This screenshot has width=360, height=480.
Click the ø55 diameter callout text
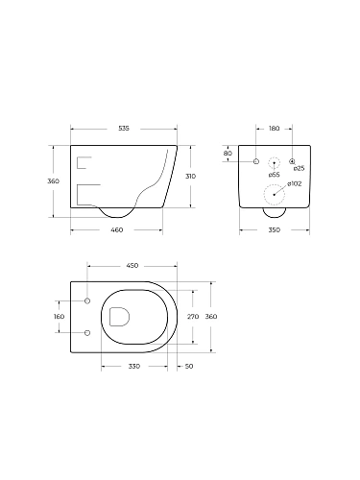275,176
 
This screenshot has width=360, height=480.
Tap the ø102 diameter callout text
295,184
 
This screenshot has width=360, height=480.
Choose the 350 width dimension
274,231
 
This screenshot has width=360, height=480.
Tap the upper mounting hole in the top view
86,301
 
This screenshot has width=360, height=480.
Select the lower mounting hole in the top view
86,332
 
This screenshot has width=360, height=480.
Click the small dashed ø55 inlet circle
275,162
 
